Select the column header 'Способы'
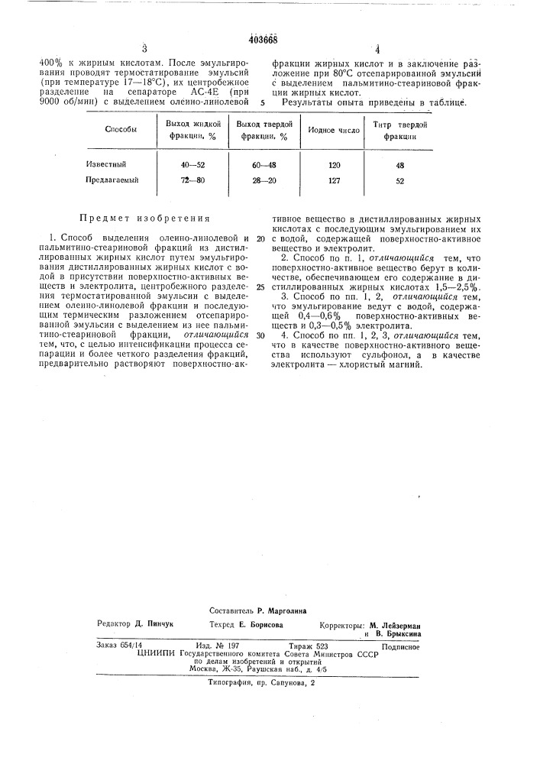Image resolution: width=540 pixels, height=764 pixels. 121,129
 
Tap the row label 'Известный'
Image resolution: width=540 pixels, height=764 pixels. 105,164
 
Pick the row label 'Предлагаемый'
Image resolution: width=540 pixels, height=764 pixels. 111,180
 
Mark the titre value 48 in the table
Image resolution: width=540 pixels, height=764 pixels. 400,164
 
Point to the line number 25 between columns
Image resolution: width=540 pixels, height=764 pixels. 260,287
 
